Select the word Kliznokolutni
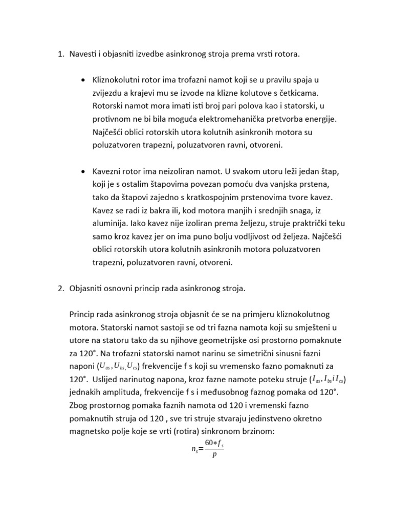(116, 81)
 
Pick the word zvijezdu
(108, 94)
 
